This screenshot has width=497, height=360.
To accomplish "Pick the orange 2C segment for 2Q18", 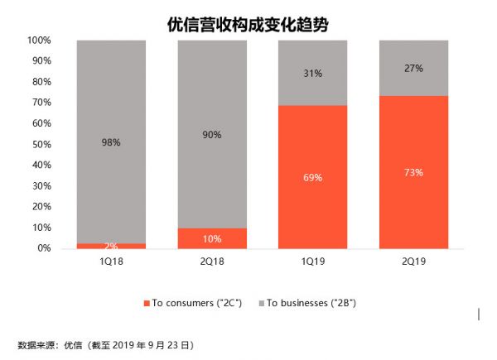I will [212, 238].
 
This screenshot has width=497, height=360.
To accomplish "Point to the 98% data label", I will [111, 142].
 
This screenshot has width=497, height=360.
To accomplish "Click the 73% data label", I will [413, 173].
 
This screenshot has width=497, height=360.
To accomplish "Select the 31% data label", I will [312, 73].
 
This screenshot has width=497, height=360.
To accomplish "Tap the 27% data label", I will [413, 69].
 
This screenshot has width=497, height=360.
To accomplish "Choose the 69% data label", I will [312, 177].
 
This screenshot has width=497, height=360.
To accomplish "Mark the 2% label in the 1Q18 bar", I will [111, 246].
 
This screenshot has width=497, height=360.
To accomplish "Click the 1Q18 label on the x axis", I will [111, 263].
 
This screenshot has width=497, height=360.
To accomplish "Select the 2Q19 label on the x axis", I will [413, 263].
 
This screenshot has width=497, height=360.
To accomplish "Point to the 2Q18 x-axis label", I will [212, 263].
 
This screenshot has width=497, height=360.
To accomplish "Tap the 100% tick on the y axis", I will [39, 40].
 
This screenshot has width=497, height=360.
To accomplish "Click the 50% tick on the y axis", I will [41, 144].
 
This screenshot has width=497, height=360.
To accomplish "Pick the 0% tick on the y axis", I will [43, 248].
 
